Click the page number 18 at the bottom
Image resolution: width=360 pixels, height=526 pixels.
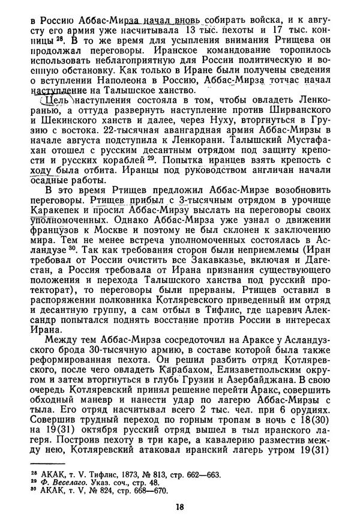coord(180,506)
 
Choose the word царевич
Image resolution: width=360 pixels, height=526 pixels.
coord(281,321)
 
